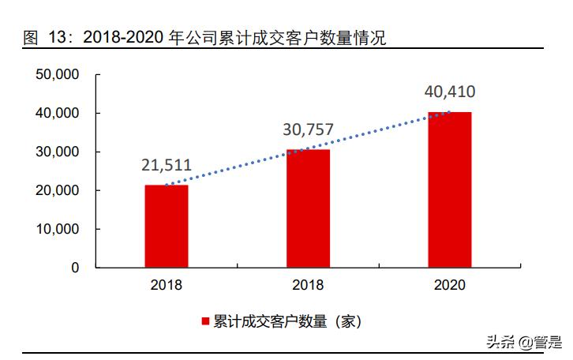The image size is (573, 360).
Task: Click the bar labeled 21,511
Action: point(166,226)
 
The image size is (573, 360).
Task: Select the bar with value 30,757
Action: point(308,208)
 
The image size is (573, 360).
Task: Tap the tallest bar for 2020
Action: point(449,189)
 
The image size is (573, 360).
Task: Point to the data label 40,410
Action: point(449,92)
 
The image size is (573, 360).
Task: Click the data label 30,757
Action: point(308,129)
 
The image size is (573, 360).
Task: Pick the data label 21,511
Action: point(166,167)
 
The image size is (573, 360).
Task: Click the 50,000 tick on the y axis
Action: point(58,75)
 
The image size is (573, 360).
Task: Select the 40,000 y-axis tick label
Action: point(58,114)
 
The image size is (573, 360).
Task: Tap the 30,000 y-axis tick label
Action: point(58,152)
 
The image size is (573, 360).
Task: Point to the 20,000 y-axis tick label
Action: point(58,190)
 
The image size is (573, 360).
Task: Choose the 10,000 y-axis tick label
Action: point(58,229)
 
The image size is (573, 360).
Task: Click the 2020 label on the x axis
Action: point(449,285)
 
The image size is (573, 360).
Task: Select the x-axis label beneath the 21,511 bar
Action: point(166,285)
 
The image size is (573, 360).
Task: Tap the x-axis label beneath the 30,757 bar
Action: point(308,285)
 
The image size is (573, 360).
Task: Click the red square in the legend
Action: point(205,321)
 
